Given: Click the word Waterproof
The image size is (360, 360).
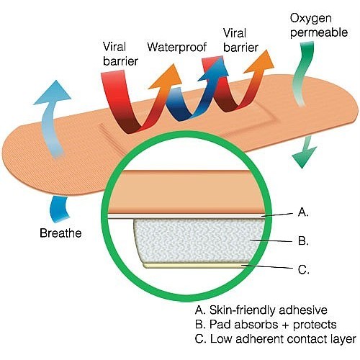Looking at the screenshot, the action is click(x=177, y=48).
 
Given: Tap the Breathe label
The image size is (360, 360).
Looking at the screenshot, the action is click(x=60, y=233).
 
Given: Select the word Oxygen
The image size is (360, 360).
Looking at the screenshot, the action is click(x=311, y=19).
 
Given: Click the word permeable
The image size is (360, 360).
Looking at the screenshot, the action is click(x=319, y=32).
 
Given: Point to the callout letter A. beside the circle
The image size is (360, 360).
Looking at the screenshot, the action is click(x=303, y=212).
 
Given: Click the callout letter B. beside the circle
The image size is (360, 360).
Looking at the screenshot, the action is click(x=303, y=240).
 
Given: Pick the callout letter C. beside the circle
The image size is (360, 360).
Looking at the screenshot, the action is click(x=304, y=269).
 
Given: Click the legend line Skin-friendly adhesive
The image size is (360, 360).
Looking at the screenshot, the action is click(x=261, y=310).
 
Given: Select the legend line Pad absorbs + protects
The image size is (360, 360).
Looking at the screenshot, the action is click(x=266, y=325).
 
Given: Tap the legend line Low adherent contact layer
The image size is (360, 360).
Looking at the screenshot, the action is click(x=276, y=339).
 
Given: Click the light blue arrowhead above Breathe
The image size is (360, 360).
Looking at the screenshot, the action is click(x=53, y=94).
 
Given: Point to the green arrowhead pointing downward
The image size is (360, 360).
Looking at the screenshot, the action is click(x=303, y=157).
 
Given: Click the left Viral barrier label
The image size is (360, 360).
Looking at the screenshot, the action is click(x=120, y=54).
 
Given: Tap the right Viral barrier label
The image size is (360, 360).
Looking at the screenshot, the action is click(x=240, y=40).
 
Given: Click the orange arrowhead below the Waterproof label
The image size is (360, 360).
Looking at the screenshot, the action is click(x=166, y=77).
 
